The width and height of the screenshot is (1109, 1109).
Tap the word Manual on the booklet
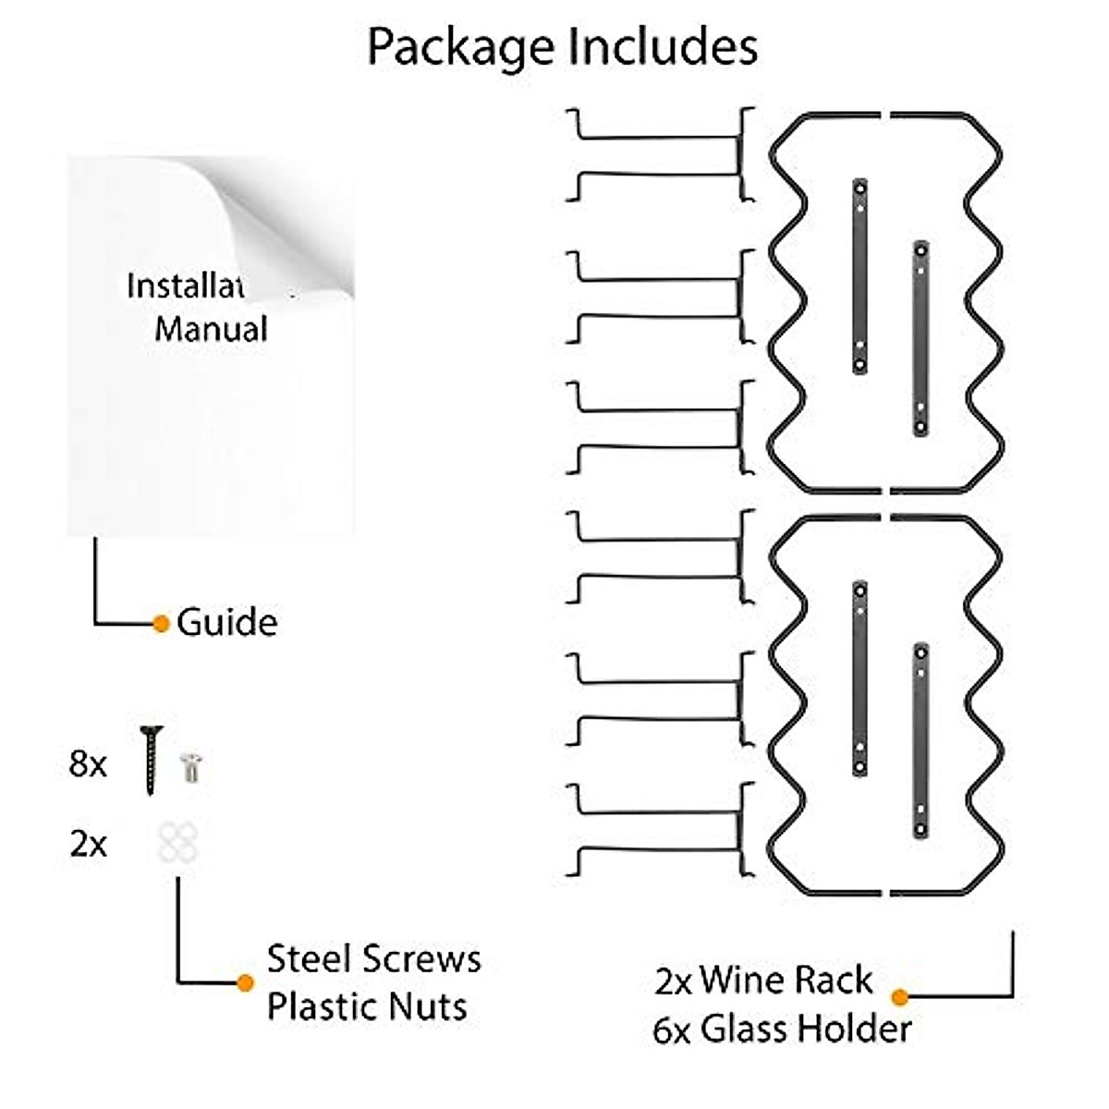coord(212,329)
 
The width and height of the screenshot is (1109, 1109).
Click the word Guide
coord(227,622)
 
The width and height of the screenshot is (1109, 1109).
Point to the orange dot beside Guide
coord(161,624)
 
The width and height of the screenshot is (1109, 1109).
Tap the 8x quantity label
coord(88,764)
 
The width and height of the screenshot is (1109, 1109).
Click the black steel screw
coord(151,761)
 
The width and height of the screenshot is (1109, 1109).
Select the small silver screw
coord(192,767)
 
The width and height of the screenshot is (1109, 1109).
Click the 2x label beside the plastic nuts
coord(88,844)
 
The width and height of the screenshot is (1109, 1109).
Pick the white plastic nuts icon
coord(177,843)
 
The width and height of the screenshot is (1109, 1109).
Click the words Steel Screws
coord(374,958)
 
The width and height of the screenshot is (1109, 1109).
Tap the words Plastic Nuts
coord(367,1005)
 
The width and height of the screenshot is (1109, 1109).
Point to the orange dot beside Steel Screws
coord(245,983)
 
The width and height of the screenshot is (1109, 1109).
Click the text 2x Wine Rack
coord(763,981)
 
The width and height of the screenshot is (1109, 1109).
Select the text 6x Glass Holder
coord(782,1029)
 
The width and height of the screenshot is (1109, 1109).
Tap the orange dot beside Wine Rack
coord(899,997)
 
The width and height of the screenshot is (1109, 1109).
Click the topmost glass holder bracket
coord(660,154)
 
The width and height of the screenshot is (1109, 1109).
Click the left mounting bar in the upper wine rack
coord(859,275)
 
